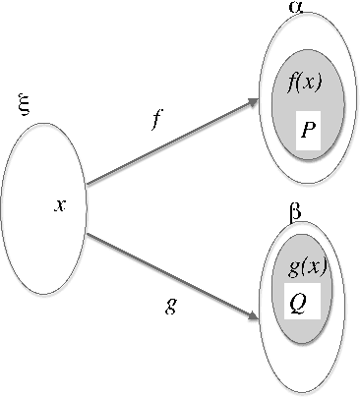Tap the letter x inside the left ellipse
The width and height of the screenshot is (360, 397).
click(x=60, y=205)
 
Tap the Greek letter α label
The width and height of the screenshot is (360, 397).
click(x=294, y=7)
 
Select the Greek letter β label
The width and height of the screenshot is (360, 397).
click(x=294, y=211)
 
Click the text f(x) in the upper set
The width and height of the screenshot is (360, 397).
click(x=307, y=84)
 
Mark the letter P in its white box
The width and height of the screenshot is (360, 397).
click(x=309, y=132)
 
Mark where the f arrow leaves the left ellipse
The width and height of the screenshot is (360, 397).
click(x=88, y=184)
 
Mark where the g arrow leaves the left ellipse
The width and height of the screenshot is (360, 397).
click(x=87, y=234)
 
